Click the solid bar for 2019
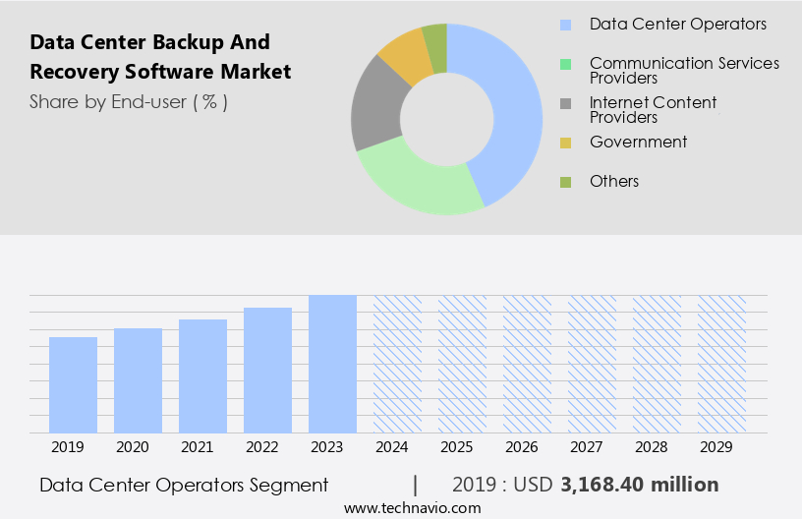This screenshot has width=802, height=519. [73, 384]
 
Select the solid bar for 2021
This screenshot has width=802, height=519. [202, 375]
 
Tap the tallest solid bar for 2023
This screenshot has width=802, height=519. [332, 364]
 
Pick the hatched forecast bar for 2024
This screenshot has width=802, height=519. [397, 364]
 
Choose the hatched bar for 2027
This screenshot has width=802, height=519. [592, 364]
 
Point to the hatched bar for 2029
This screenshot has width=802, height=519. [721, 364]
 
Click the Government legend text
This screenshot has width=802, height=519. [638, 142]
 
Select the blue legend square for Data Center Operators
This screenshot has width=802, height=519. [565, 25]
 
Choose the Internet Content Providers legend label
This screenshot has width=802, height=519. [653, 109]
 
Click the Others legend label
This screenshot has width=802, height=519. [614, 181]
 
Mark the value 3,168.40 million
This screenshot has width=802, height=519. [639, 485]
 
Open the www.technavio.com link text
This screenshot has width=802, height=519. [412, 507]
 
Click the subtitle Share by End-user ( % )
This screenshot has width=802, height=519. [129, 101]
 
